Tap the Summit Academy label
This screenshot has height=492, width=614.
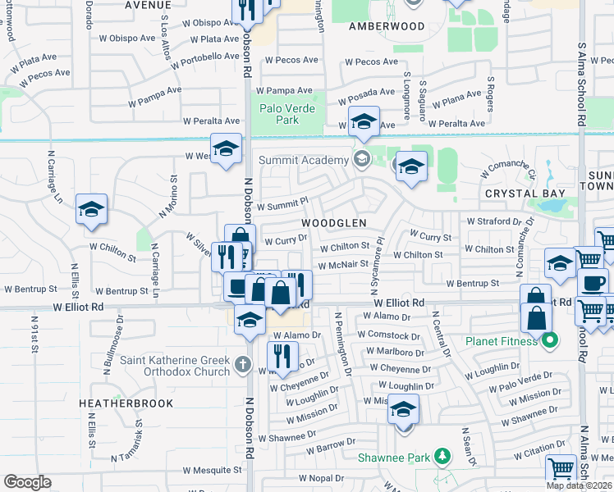click(304, 159)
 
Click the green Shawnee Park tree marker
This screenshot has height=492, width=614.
click(442, 455)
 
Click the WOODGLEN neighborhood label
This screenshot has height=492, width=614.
click(332, 223)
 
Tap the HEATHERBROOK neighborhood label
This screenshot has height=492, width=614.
click(126, 403)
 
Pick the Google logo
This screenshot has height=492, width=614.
click(27, 482)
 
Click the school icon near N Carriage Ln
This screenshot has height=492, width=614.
click(91, 210)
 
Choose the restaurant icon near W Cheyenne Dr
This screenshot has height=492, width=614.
click(281, 356)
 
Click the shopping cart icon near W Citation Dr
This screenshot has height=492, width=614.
click(561, 470)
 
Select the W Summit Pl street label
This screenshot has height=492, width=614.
click(282, 200)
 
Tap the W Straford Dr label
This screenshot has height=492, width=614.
click(494, 221)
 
